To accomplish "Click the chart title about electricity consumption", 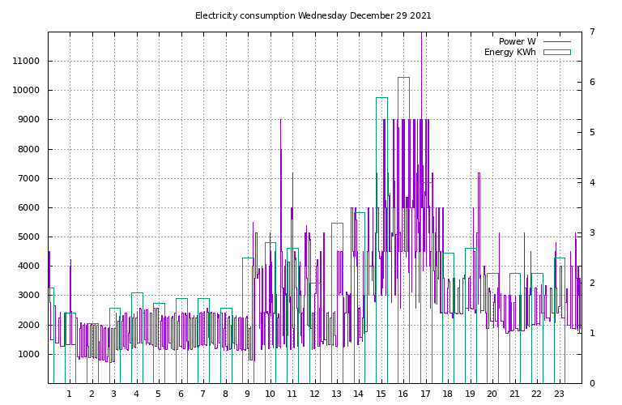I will (x=313, y=15).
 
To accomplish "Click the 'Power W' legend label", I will (x=517, y=41).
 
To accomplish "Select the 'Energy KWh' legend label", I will (x=509, y=52).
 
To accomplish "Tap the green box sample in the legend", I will (x=556, y=52).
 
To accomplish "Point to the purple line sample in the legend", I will (x=556, y=41).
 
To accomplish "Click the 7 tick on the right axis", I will (x=592, y=32).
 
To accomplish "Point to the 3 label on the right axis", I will (x=592, y=233).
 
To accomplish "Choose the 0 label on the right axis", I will (x=592, y=384).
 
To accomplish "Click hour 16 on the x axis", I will (x=403, y=394).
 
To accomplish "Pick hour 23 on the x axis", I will (x=559, y=394).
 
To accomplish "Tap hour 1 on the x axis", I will (x=69, y=394).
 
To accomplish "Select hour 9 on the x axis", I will (x=247, y=394).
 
